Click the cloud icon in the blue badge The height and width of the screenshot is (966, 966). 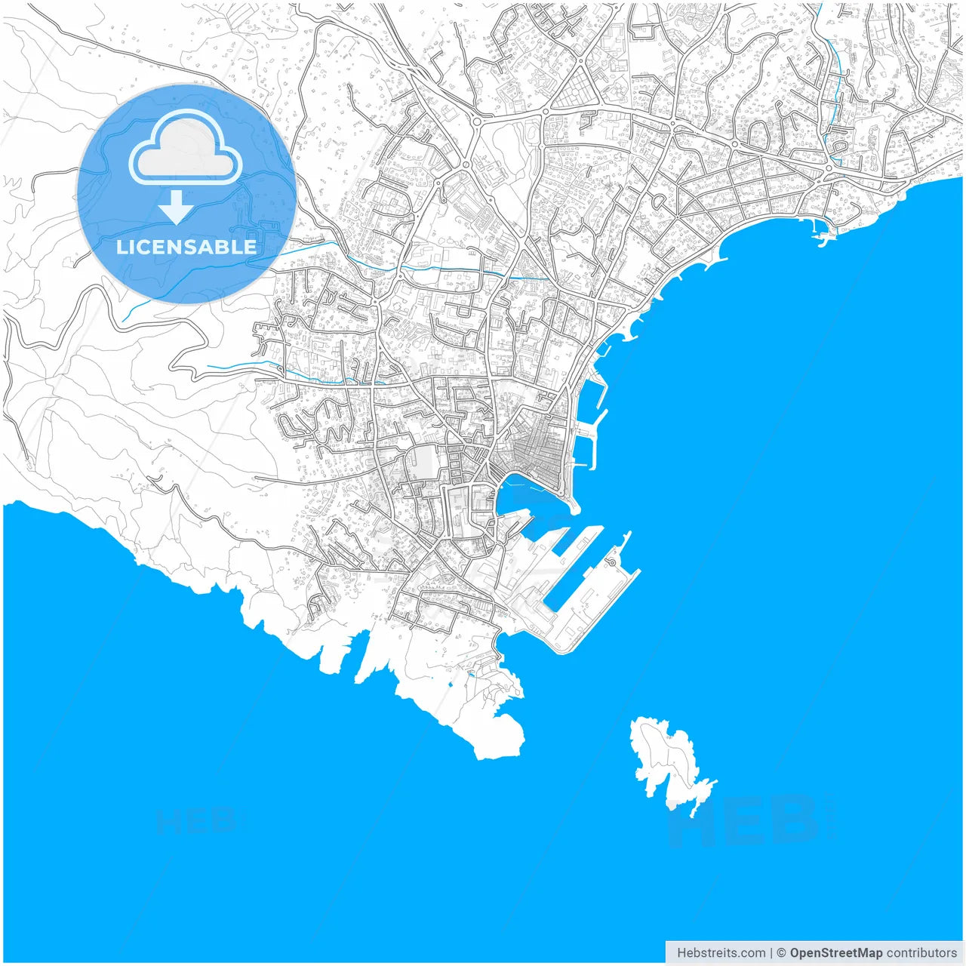point(185,147)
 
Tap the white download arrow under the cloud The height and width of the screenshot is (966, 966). point(176,208)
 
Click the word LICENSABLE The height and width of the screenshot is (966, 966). point(186,247)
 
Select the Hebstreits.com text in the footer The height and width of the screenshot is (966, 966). point(721,952)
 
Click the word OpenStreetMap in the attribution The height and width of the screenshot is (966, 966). point(835,952)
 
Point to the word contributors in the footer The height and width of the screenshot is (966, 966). point(921,952)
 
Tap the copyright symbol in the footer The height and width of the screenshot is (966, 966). point(782,952)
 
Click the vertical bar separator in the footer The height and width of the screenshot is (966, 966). point(771,952)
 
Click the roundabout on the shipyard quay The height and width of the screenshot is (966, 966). point(611,561)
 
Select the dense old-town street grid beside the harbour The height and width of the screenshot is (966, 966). point(540,449)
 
